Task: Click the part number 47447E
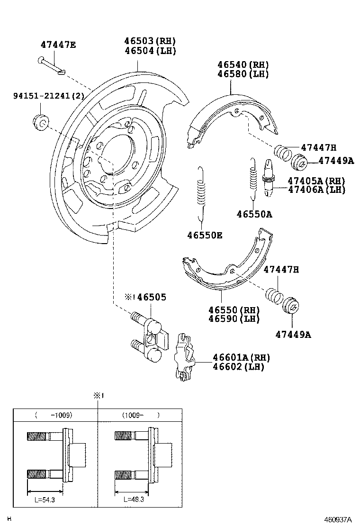[58, 45]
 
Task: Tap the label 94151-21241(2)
[42, 96]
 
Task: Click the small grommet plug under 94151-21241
[41, 121]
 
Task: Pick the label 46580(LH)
[243, 74]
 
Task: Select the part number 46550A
[254, 214]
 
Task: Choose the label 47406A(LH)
[316, 190]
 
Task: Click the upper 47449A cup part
[300, 162]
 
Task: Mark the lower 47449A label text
[293, 335]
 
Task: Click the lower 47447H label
[281, 270]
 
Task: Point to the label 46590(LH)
[234, 318]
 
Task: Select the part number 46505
[152, 297]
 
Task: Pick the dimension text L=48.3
[135, 500]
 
